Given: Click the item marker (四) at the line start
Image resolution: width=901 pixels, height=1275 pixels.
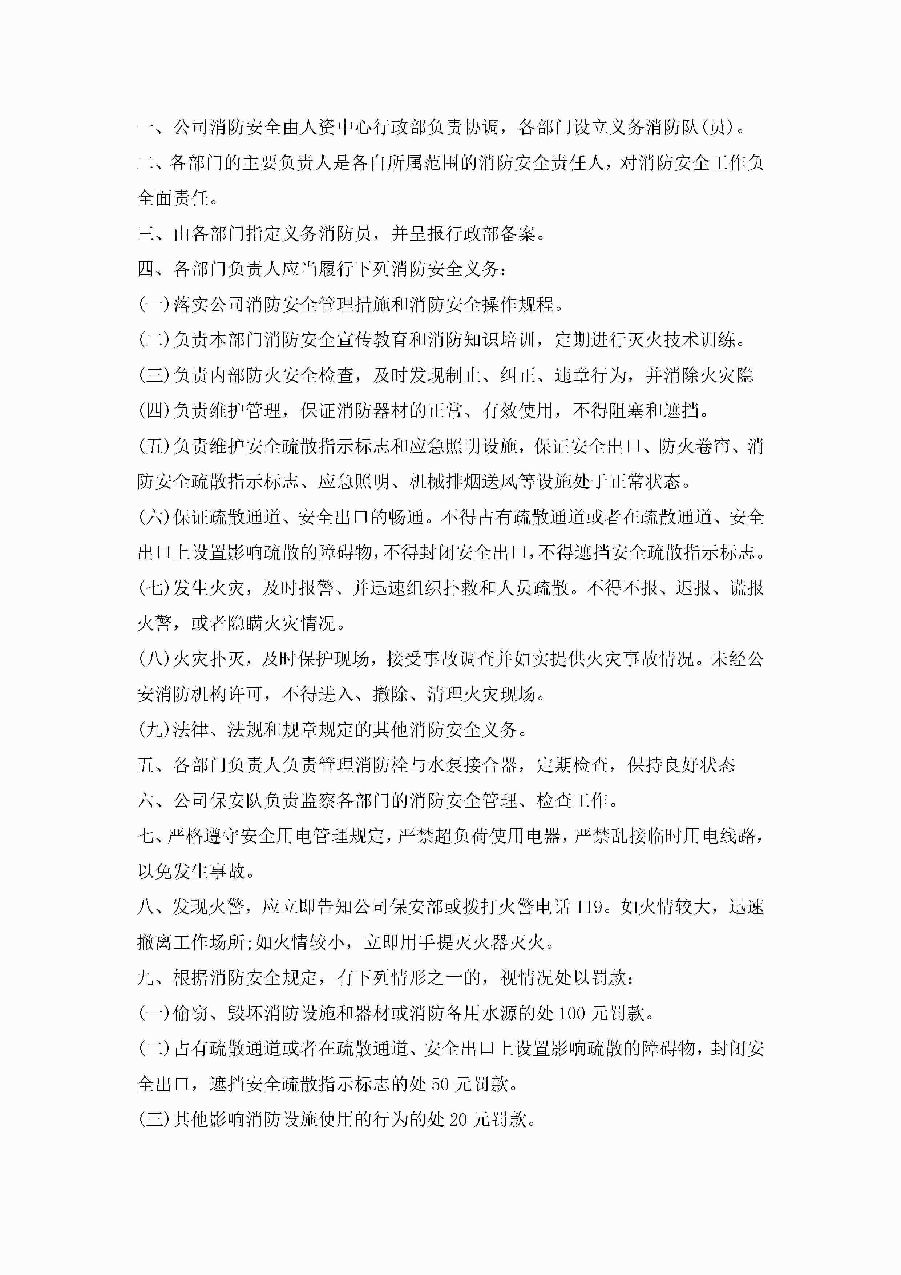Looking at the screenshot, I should click(x=155, y=410).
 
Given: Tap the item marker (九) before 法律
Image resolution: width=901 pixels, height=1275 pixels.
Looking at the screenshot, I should click(x=155, y=729).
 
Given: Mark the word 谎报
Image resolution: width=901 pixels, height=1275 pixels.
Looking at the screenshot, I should click(x=747, y=587).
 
